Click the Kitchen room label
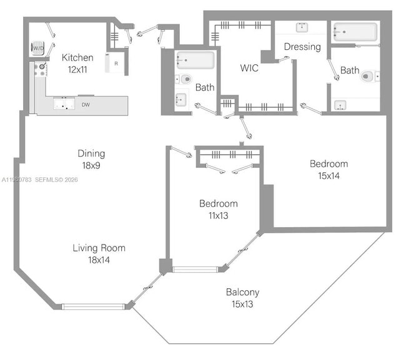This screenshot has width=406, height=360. click(x=78, y=57)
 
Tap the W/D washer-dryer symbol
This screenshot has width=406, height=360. click(x=38, y=48)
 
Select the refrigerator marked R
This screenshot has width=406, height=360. click(x=115, y=63)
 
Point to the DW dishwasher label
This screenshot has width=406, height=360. click(x=85, y=105)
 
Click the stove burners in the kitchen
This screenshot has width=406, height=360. click(x=39, y=69)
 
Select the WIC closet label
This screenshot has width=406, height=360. click(x=250, y=68)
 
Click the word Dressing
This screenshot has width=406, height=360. click(x=302, y=47)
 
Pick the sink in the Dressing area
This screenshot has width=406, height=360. click(x=302, y=27)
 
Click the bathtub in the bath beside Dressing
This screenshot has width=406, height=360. click(x=355, y=32)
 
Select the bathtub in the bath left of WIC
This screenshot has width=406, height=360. click(x=195, y=61)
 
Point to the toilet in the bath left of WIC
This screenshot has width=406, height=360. click(x=184, y=79)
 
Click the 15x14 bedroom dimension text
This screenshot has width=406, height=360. click(x=329, y=176)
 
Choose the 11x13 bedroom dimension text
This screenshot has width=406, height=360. click(x=218, y=215)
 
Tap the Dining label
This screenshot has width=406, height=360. click(x=91, y=153)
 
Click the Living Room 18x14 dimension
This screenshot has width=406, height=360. click(x=99, y=260)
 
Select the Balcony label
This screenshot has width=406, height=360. click(x=243, y=292)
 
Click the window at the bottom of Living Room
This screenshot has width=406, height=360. click(x=93, y=306)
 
